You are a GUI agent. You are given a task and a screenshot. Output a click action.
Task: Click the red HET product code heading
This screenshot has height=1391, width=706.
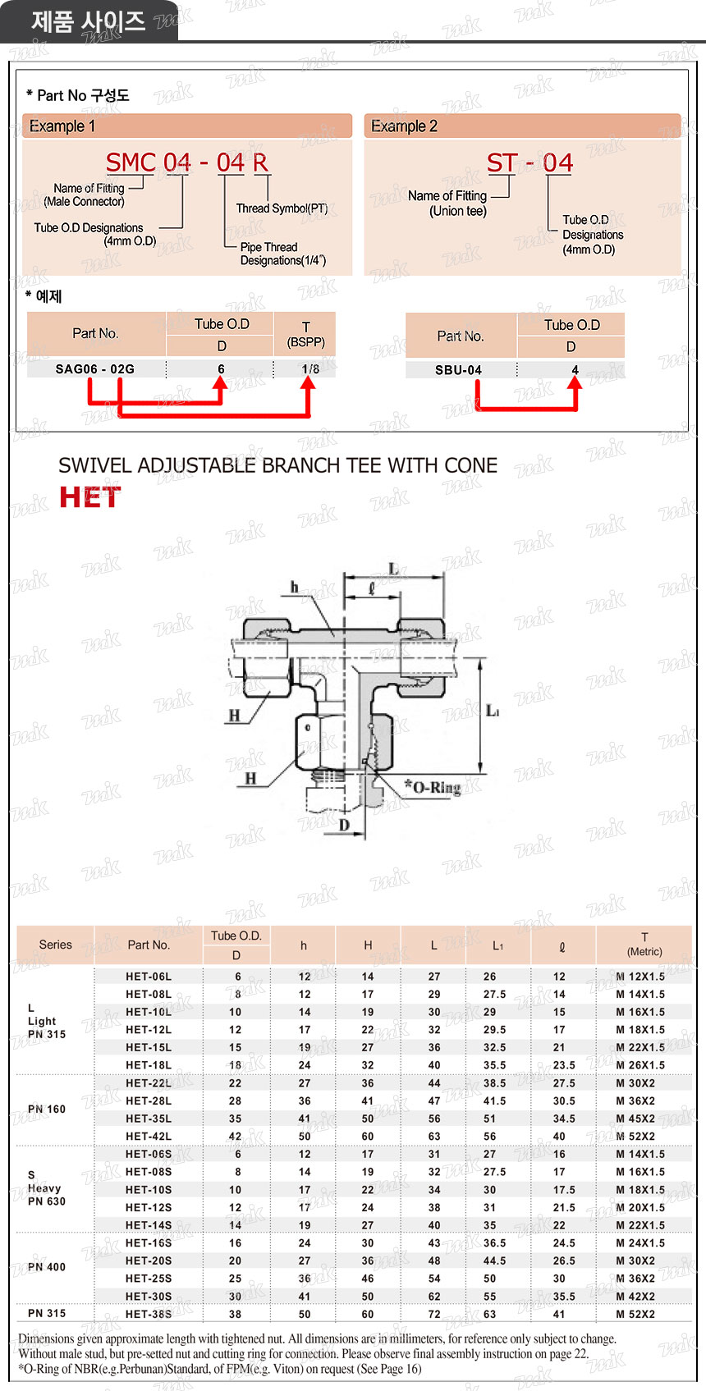(89, 497)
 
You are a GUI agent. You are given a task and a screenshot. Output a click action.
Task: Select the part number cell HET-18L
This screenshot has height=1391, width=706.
(149, 1065)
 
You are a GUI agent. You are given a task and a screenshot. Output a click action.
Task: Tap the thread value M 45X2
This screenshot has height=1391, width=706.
(635, 1119)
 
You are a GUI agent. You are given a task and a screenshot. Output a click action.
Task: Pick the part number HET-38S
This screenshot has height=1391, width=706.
(149, 1314)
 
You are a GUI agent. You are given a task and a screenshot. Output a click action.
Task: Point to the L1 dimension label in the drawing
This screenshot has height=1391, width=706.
(493, 711)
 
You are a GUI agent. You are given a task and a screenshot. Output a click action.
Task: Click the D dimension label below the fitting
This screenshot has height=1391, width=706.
(344, 826)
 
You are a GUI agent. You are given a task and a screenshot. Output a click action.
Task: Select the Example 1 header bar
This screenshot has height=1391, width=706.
(187, 126)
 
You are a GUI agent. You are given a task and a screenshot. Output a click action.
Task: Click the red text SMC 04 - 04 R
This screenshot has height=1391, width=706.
(187, 162)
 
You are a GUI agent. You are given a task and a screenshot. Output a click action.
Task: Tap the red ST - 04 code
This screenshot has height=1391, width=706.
(529, 162)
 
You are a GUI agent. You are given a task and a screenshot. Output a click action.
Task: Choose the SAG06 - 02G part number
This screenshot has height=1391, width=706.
(95, 369)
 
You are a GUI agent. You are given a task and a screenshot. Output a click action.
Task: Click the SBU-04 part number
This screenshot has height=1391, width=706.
(458, 370)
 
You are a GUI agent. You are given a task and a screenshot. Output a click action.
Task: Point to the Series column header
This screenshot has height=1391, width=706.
(56, 945)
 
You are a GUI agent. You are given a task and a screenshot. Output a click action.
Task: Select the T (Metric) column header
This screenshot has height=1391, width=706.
(644, 945)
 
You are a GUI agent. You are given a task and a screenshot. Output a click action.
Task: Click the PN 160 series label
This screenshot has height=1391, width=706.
(47, 1110)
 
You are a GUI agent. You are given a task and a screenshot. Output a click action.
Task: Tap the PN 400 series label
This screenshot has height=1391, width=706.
(47, 1267)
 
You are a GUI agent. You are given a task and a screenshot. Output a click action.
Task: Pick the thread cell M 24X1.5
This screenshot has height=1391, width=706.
(640, 1243)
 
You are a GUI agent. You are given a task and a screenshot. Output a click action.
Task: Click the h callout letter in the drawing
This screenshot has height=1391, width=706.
(294, 588)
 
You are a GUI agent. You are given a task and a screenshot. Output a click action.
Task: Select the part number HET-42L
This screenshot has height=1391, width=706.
(149, 1137)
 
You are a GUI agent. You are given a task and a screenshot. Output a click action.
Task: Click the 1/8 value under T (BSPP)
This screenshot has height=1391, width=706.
(310, 369)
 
